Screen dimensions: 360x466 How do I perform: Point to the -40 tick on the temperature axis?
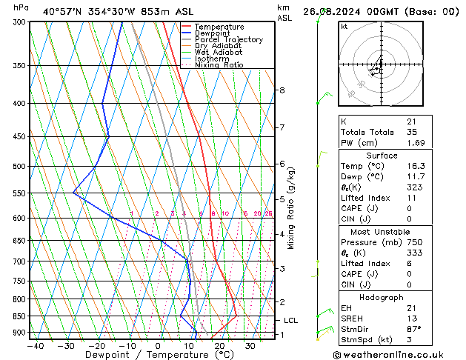click(x=35, y=345)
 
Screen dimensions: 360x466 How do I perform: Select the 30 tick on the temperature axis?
click(x=250, y=345)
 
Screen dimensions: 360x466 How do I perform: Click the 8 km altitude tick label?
click(x=282, y=90)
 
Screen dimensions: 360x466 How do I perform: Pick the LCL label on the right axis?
click(x=290, y=321)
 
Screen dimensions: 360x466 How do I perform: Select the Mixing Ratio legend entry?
click(x=219, y=65)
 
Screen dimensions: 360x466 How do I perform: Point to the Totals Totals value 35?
click(x=412, y=132)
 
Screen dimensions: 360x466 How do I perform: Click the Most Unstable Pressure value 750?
click(x=413, y=242)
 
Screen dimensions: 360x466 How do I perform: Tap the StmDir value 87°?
click(x=413, y=329)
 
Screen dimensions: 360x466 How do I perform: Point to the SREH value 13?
click(x=411, y=318)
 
